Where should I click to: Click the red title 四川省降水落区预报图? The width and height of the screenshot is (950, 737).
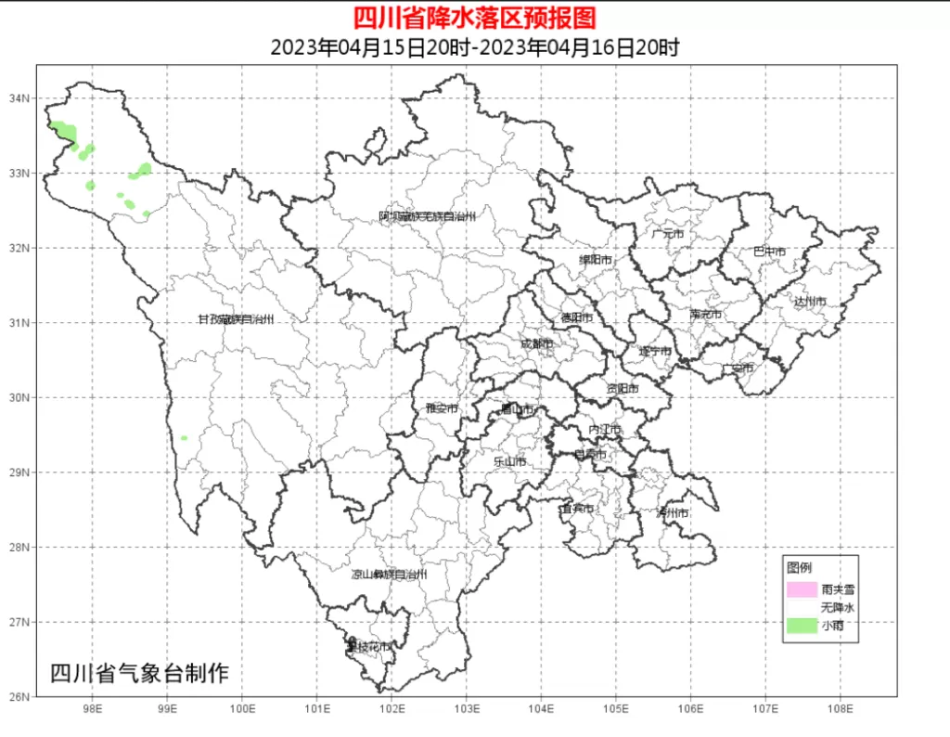tap(474, 17)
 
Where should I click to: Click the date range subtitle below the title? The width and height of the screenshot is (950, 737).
tap(474, 47)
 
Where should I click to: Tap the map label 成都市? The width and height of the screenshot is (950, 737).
tap(536, 344)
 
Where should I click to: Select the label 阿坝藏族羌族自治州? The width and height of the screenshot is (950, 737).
tap(427, 216)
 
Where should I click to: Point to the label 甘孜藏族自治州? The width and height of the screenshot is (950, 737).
tap(236, 319)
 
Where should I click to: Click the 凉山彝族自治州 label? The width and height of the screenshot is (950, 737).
tap(389, 575)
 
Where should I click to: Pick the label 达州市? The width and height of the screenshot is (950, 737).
tap(809, 302)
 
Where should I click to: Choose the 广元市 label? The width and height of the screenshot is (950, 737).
tap(667, 234)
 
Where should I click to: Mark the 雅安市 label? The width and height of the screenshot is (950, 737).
tap(442, 407)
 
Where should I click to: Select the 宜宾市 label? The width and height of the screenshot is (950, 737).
tap(575, 509)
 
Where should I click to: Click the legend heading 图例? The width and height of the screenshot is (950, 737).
tap(799, 567)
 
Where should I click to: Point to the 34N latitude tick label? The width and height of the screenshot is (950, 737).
tap(19, 98)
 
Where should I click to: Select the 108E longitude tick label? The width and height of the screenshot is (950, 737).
tap(840, 710)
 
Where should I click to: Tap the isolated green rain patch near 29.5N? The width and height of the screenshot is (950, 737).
tap(185, 438)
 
